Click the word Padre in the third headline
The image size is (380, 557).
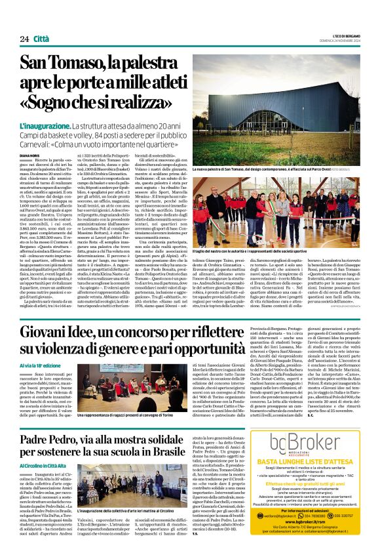pos(38,440)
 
